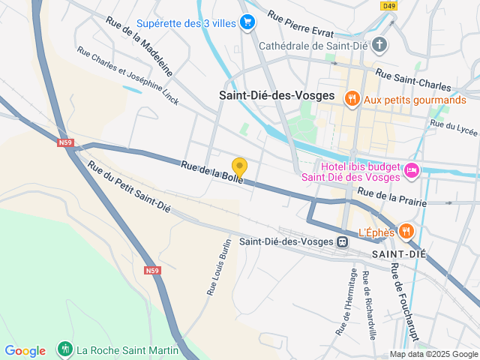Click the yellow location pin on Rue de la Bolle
tap(239, 167)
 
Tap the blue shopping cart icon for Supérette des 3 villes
tap(247, 22)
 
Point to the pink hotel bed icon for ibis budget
tap(412, 172)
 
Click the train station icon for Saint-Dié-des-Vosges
tap(342, 241)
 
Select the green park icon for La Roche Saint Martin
tap(65, 349)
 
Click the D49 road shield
tap(388, 6)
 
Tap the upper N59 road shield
tap(65, 140)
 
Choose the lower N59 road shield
tap(151, 270)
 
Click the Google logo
tap(25, 350)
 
